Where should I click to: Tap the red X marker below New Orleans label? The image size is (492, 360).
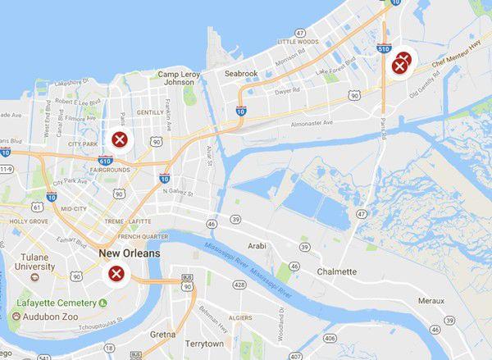(x=116, y=273)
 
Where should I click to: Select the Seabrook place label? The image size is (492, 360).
(x=241, y=74)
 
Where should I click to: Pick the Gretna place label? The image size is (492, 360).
(x=162, y=335)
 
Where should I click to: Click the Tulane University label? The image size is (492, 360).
(x=34, y=262)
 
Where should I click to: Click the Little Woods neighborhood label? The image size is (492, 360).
(x=298, y=41)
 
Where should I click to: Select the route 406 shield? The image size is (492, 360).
(x=330, y=338)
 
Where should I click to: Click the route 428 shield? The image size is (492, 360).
(x=239, y=285)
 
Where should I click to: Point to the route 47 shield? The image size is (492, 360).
(x=362, y=213)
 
